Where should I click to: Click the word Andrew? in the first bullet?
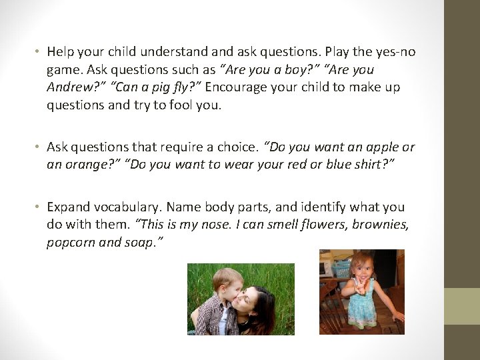(x=69, y=87)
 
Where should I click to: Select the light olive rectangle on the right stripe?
(x=462, y=306)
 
